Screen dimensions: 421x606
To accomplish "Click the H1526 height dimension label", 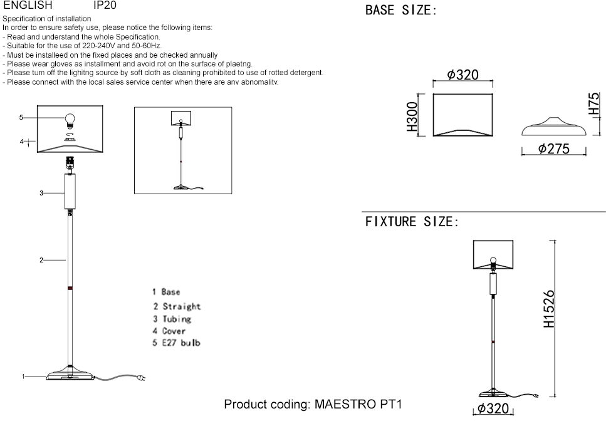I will point(549,309).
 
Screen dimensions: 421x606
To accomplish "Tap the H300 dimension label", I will point(412,116).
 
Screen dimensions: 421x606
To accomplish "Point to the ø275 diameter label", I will point(553,148).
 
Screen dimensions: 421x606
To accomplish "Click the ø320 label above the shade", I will point(463,75).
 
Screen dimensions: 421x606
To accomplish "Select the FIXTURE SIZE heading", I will point(412,222).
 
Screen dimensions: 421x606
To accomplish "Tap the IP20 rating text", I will point(104,5).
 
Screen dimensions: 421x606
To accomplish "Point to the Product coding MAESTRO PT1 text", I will point(312,404).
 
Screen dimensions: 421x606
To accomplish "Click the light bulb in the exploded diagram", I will point(70,118).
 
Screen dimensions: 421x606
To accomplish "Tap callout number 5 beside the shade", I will point(21,117).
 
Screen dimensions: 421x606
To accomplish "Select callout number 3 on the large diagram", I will point(41,193).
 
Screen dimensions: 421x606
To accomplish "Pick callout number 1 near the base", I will point(23,377).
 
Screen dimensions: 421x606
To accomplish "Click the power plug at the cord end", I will point(142,379).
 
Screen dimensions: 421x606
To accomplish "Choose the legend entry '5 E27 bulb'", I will point(177,343).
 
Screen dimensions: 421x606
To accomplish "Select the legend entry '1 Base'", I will point(166,292).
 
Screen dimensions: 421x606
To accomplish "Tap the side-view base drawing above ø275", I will point(553,127).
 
